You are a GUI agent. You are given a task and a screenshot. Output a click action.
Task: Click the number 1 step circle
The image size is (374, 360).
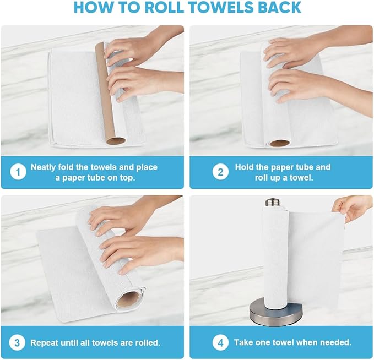point(18,172)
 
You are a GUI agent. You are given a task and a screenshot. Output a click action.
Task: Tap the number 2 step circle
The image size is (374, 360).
point(220,172)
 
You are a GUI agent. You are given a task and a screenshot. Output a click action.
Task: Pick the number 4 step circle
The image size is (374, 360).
point(220,342)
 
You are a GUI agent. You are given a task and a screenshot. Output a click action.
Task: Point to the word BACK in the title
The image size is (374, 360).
point(278,8)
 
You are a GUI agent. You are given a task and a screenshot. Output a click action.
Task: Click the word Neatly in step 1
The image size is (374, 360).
point(45,167)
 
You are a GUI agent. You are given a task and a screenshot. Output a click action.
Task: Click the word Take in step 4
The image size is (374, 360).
point(243,342)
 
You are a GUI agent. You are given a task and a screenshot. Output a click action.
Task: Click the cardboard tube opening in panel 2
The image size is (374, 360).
point(280,144)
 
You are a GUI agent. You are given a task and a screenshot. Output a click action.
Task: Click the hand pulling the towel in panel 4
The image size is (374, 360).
point(351,208)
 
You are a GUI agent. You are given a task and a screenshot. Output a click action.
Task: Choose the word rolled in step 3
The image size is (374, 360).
point(147,342)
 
